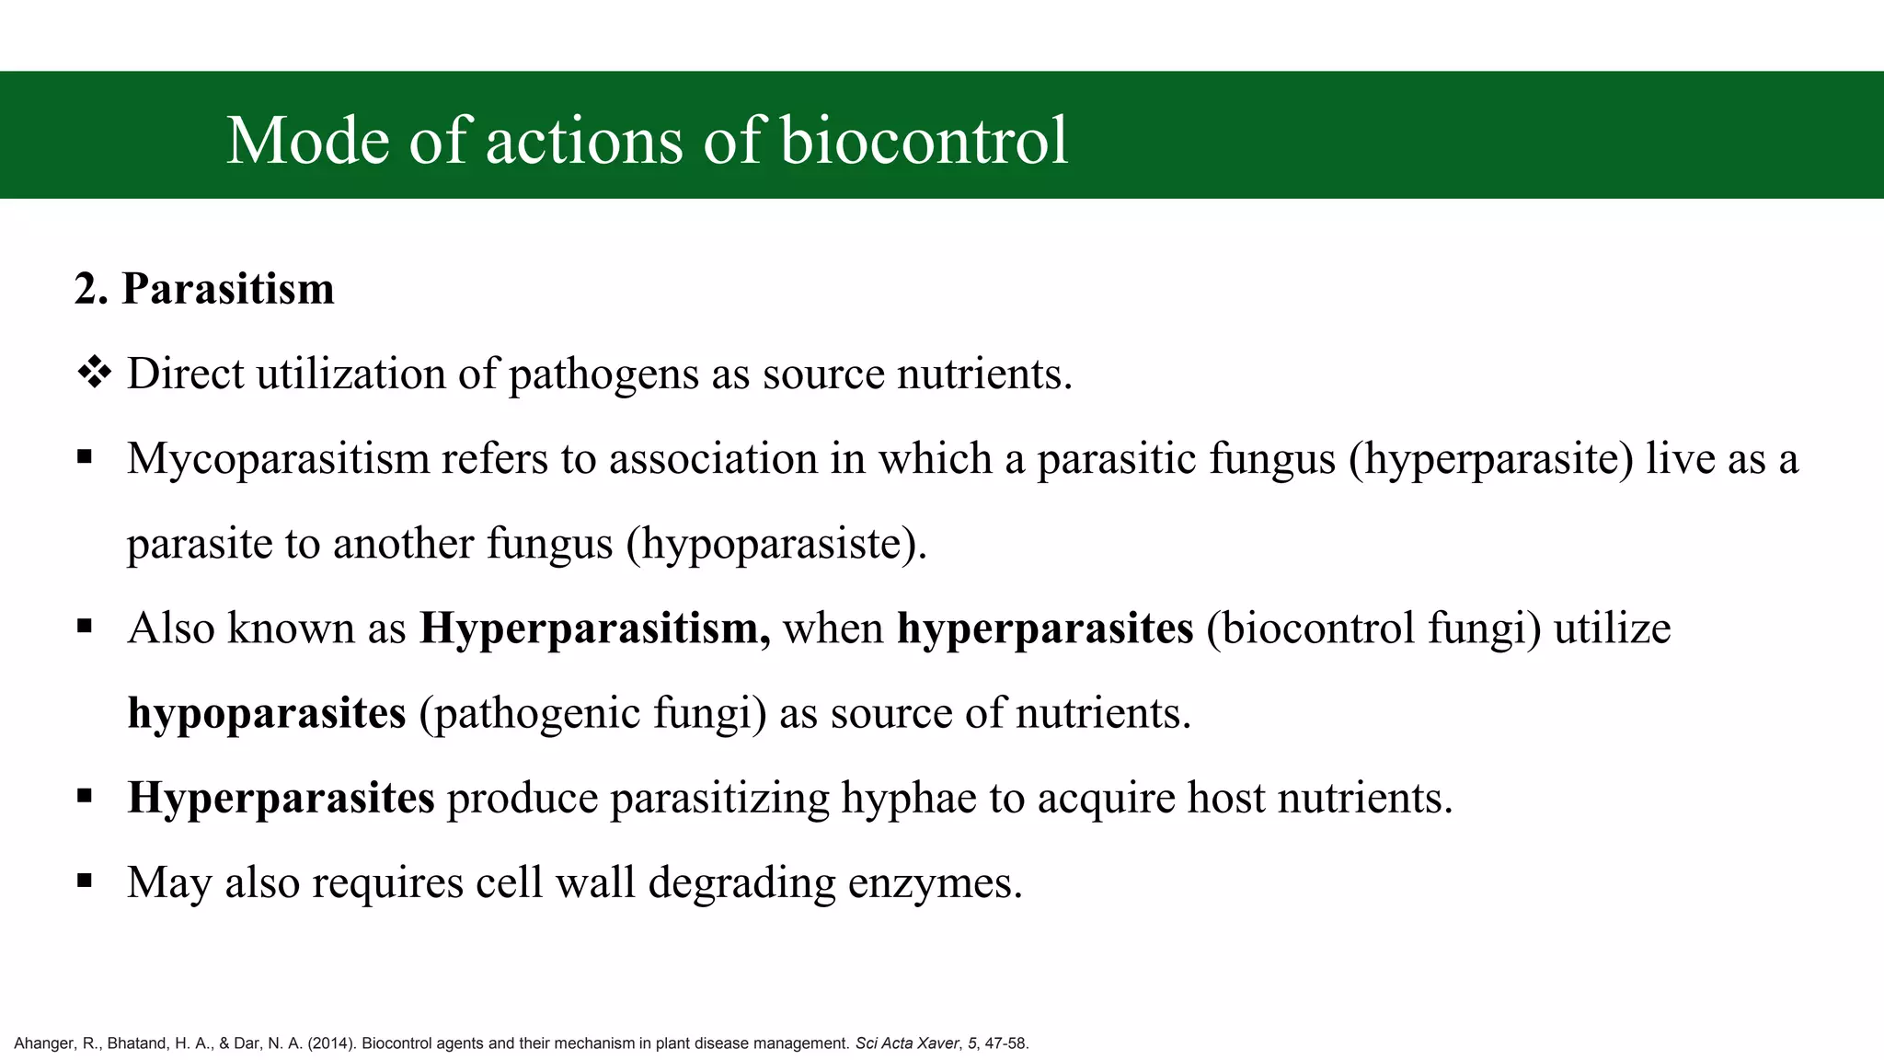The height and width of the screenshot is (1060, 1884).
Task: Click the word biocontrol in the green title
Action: pos(924,141)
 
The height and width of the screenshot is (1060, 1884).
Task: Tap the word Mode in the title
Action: pos(307,141)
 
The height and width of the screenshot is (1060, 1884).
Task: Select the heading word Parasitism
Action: pos(228,289)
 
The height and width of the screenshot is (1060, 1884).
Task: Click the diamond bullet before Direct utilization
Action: pos(94,374)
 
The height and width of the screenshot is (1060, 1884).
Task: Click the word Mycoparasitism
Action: pos(278,459)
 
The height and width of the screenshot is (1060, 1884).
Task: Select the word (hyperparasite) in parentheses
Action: pos(1491,459)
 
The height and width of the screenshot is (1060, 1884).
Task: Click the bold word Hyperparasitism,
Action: pos(595,628)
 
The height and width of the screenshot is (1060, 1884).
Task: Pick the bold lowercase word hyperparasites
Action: pos(1045,628)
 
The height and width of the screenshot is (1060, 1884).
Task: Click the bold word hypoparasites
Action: pos(267,713)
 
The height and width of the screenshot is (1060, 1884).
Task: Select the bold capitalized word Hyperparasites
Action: pos(281,798)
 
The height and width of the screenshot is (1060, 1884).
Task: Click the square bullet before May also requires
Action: pos(86,881)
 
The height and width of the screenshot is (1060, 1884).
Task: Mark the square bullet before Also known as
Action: pos(86,628)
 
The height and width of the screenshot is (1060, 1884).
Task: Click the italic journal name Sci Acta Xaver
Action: pos(907,1043)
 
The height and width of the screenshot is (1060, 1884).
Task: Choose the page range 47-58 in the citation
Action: pos(1006,1043)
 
